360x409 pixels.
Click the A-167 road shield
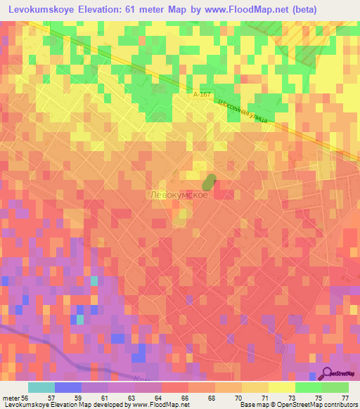coord(202,93)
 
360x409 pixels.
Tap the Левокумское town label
coord(179,195)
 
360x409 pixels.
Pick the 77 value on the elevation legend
coord(346,397)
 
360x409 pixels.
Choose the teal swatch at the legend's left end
coord(41,387)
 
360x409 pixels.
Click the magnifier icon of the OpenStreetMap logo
coord(328,374)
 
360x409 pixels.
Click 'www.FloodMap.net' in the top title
coord(239,10)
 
